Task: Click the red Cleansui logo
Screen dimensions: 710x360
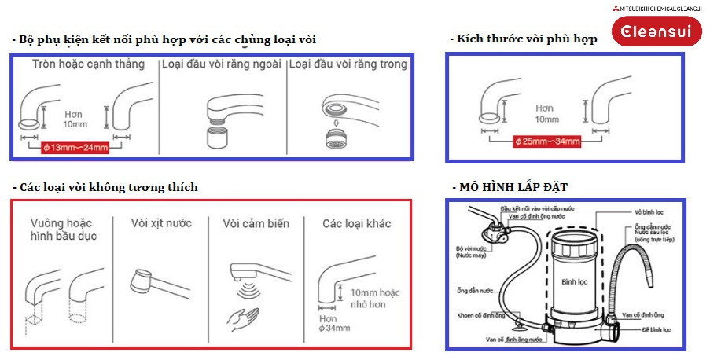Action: (x=651, y=32)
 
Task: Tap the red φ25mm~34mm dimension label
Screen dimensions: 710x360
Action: (x=547, y=141)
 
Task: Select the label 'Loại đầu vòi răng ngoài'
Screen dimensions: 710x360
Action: (x=221, y=64)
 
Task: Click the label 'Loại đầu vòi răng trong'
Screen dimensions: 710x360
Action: (x=348, y=64)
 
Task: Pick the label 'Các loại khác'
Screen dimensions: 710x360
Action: (x=356, y=223)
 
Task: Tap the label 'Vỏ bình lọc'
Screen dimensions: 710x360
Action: (x=650, y=212)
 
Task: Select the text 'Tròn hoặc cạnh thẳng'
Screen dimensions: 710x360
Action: (x=89, y=64)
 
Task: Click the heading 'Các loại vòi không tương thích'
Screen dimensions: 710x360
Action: (x=106, y=187)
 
